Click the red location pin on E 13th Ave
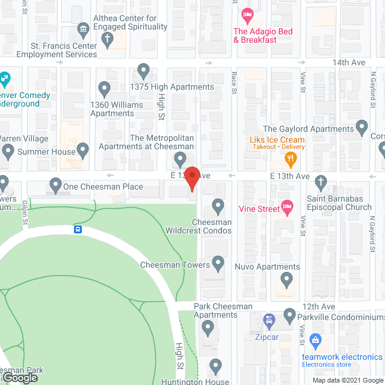[192, 178]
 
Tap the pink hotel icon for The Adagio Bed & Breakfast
[246, 14]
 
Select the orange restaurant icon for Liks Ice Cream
[291, 159]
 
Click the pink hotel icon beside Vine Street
[287, 209]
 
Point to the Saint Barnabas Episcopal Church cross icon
[321, 182]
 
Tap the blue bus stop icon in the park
[78, 229]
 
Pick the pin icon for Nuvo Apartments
[286, 279]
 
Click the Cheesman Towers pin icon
[218, 263]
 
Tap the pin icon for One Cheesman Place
[56, 185]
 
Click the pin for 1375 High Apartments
[143, 71]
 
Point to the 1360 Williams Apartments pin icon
[104, 89]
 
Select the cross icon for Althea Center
[107, 40]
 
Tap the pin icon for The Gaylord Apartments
[362, 128]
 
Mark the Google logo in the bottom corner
[19, 377]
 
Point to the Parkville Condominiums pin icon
[289, 315]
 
